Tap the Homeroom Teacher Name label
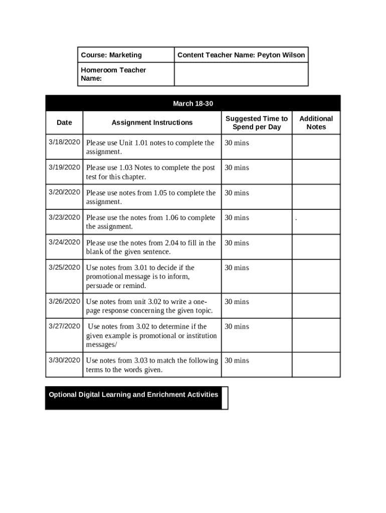pyautogui.click(x=113, y=74)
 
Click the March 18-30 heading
pyautogui.click(x=193, y=104)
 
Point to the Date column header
pyautogui.click(x=64, y=122)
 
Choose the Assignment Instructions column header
pyautogui.click(x=152, y=122)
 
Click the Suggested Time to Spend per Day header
pyautogui.click(x=257, y=123)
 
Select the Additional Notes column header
pyautogui.click(x=316, y=123)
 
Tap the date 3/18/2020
pyautogui.click(x=64, y=142)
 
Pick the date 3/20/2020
pyautogui.click(x=64, y=192)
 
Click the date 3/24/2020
pyautogui.click(x=64, y=242)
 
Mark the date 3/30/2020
pyautogui.click(x=64, y=360)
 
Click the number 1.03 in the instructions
pyautogui.click(x=126, y=168)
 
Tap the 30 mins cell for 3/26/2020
pyautogui.click(x=237, y=302)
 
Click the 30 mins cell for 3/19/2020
pyautogui.click(x=237, y=168)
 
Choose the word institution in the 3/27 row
pyautogui.click(x=200, y=336)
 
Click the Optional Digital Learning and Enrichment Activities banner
pyautogui.click(x=133, y=395)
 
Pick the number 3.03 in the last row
pyautogui.click(x=141, y=361)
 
